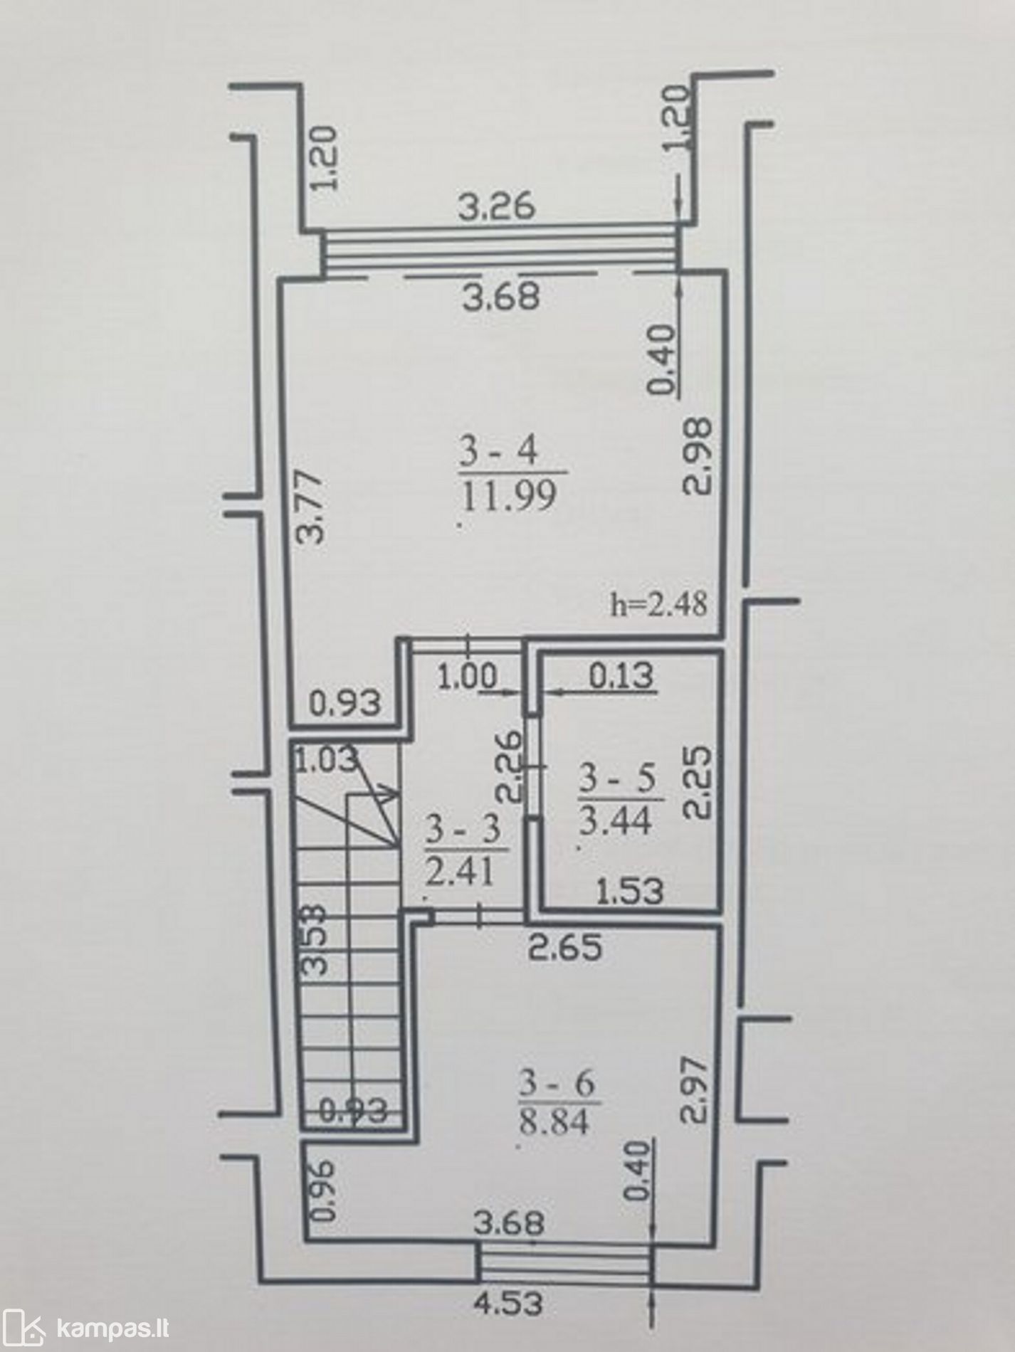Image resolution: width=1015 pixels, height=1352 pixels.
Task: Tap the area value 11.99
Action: tap(508, 495)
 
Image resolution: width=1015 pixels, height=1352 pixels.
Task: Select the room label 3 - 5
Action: tap(616, 778)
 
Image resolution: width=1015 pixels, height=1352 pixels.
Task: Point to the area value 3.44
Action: tap(615, 821)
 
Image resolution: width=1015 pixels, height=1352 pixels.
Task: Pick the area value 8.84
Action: tap(556, 1122)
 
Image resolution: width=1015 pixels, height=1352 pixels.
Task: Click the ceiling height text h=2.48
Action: tap(659, 604)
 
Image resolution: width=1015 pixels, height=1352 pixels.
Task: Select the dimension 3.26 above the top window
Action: tap(496, 208)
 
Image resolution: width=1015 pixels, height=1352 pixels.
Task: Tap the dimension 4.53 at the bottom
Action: tap(510, 1304)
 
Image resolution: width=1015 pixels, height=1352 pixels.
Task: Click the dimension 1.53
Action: tap(629, 890)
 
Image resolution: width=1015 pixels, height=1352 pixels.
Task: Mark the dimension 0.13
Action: tap(620, 675)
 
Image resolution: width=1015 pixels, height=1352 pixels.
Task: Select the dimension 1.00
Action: tap(468, 677)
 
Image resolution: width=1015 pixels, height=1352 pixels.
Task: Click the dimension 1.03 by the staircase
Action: tap(327, 759)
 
